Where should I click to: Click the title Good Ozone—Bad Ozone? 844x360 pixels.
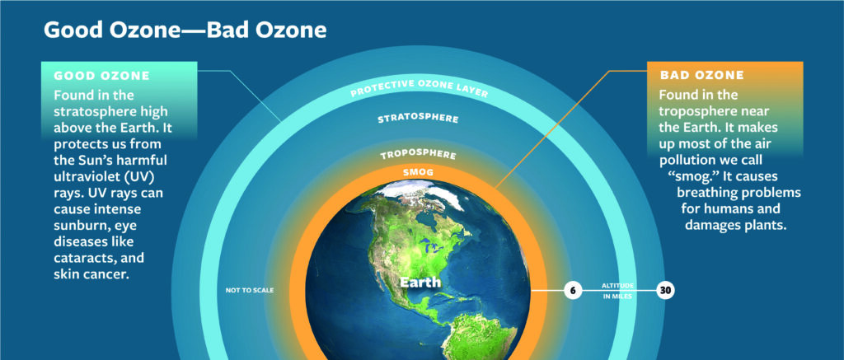click(x=185, y=30)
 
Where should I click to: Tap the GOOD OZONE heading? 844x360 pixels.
click(x=101, y=76)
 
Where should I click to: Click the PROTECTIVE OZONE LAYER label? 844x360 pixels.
click(x=419, y=88)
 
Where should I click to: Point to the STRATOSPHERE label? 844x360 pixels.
click(x=419, y=118)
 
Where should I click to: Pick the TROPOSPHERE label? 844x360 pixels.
click(x=419, y=155)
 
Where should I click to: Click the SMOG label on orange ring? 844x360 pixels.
click(x=418, y=173)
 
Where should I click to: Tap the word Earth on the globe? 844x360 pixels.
click(x=420, y=282)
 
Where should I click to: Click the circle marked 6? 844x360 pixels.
click(x=573, y=291)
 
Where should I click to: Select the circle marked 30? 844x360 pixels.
click(x=665, y=291)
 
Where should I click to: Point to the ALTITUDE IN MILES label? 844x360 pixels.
click(x=617, y=291)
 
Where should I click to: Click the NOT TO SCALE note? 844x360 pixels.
click(x=249, y=291)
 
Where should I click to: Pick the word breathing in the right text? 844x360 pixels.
click(x=706, y=193)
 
